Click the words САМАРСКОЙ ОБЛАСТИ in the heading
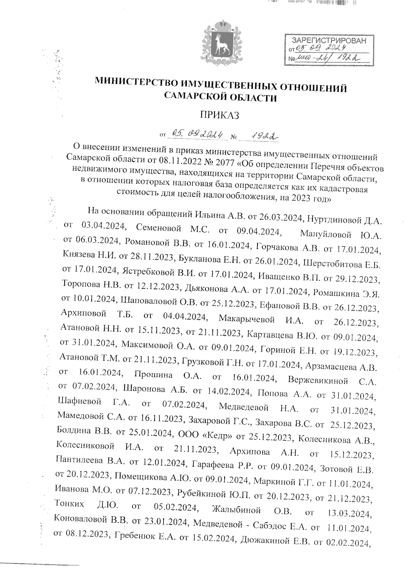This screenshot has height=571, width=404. click(x=221, y=98)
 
